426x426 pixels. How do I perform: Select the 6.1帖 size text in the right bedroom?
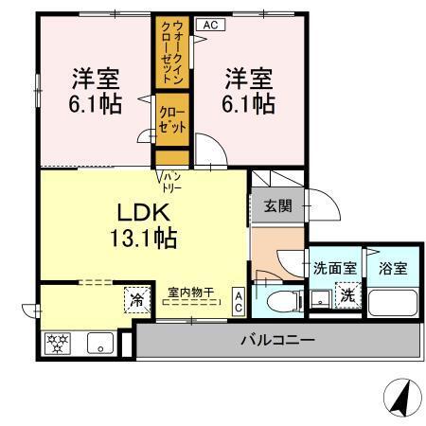[x=249, y=102]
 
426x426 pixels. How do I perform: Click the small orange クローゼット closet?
[x=173, y=121]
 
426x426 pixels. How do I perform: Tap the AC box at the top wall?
[x=211, y=25]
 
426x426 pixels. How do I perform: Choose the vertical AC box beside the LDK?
[x=239, y=302]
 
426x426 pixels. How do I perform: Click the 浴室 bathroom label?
[x=391, y=268]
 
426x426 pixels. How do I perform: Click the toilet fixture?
[x=281, y=302]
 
